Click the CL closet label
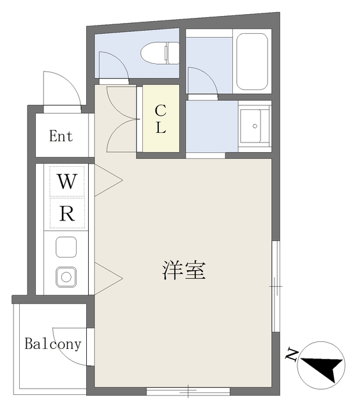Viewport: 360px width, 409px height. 160,119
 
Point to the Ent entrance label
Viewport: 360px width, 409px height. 61,136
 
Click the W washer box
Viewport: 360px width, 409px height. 66,181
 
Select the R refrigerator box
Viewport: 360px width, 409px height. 66,214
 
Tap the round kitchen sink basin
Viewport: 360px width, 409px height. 66,277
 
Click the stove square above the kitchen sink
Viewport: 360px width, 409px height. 66,247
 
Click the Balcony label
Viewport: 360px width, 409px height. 53,344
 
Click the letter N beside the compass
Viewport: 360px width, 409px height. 292,353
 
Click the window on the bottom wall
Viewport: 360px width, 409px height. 188,390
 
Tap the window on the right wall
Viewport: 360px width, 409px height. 276,286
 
